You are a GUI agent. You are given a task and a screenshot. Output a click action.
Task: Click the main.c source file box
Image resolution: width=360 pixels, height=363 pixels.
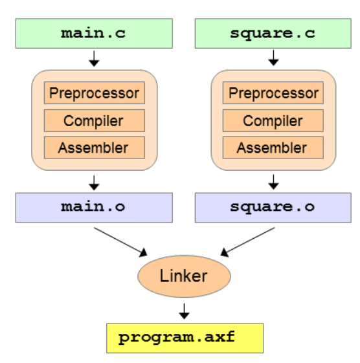[94, 33]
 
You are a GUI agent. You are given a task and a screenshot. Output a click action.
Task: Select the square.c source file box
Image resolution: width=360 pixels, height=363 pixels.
[273, 33]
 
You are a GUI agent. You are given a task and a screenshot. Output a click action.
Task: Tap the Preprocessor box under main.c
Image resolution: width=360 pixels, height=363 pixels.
[95, 93]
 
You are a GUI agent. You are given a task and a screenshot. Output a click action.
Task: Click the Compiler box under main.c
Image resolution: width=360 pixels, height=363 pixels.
[95, 120]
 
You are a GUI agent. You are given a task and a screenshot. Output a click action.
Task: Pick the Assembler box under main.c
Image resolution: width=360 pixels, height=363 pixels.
[95, 148]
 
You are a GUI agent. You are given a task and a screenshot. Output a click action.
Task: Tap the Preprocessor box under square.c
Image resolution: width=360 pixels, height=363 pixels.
[273, 93]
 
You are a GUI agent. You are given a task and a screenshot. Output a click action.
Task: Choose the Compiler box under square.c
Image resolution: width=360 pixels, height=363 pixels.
[273, 120]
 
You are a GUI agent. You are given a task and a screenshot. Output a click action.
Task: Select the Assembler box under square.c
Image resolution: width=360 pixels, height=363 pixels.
[273, 148]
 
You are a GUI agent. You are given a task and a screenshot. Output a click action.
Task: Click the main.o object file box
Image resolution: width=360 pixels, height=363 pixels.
[94, 207]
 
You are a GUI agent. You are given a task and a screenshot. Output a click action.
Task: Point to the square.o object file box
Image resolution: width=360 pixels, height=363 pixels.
[273, 207]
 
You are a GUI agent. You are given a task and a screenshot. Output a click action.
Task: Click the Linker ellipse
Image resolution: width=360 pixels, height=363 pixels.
[184, 276]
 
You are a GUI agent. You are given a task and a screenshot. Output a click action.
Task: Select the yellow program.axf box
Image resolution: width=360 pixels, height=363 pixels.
[185, 338]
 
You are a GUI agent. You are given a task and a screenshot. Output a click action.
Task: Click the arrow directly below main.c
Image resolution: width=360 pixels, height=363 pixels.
[95, 59]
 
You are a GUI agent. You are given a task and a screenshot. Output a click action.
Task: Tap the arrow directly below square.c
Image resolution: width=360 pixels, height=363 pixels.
[273, 59]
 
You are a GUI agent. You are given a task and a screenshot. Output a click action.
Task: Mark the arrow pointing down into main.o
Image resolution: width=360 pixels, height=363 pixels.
[95, 181]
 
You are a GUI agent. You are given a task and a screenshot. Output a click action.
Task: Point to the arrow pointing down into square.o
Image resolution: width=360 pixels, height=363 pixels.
[273, 181]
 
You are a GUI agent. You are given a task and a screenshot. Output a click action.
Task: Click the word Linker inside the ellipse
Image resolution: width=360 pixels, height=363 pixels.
[184, 276]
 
